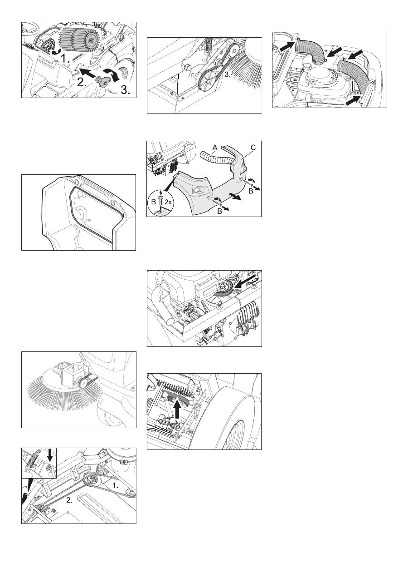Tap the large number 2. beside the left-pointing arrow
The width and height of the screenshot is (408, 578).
(82, 83)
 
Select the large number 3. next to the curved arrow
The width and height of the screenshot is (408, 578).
(125, 90)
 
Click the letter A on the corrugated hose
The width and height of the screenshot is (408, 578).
(215, 148)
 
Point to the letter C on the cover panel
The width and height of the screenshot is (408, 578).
(253, 148)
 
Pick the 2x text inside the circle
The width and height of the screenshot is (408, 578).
(168, 202)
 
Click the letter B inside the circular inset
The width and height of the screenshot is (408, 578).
(154, 202)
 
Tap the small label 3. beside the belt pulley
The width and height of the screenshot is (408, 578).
(227, 74)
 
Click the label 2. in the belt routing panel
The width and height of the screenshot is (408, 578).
(69, 500)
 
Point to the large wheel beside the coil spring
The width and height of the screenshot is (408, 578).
(233, 417)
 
